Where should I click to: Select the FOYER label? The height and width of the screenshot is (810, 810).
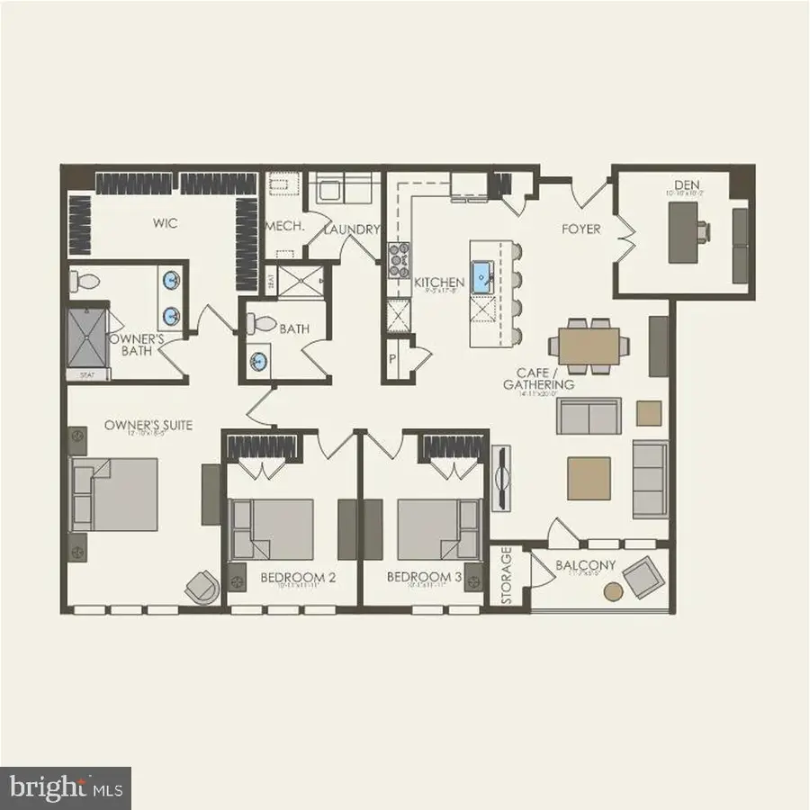[580, 229]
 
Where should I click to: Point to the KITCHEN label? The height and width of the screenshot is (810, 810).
[439, 283]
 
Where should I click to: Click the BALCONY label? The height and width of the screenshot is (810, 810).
[585, 565]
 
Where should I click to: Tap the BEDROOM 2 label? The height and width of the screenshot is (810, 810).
[298, 577]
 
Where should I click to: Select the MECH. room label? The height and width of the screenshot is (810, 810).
[286, 229]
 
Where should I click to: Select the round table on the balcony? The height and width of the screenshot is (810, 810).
[613, 591]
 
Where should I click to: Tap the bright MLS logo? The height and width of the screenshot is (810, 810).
[65, 788]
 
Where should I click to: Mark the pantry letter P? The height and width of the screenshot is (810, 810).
[392, 357]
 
